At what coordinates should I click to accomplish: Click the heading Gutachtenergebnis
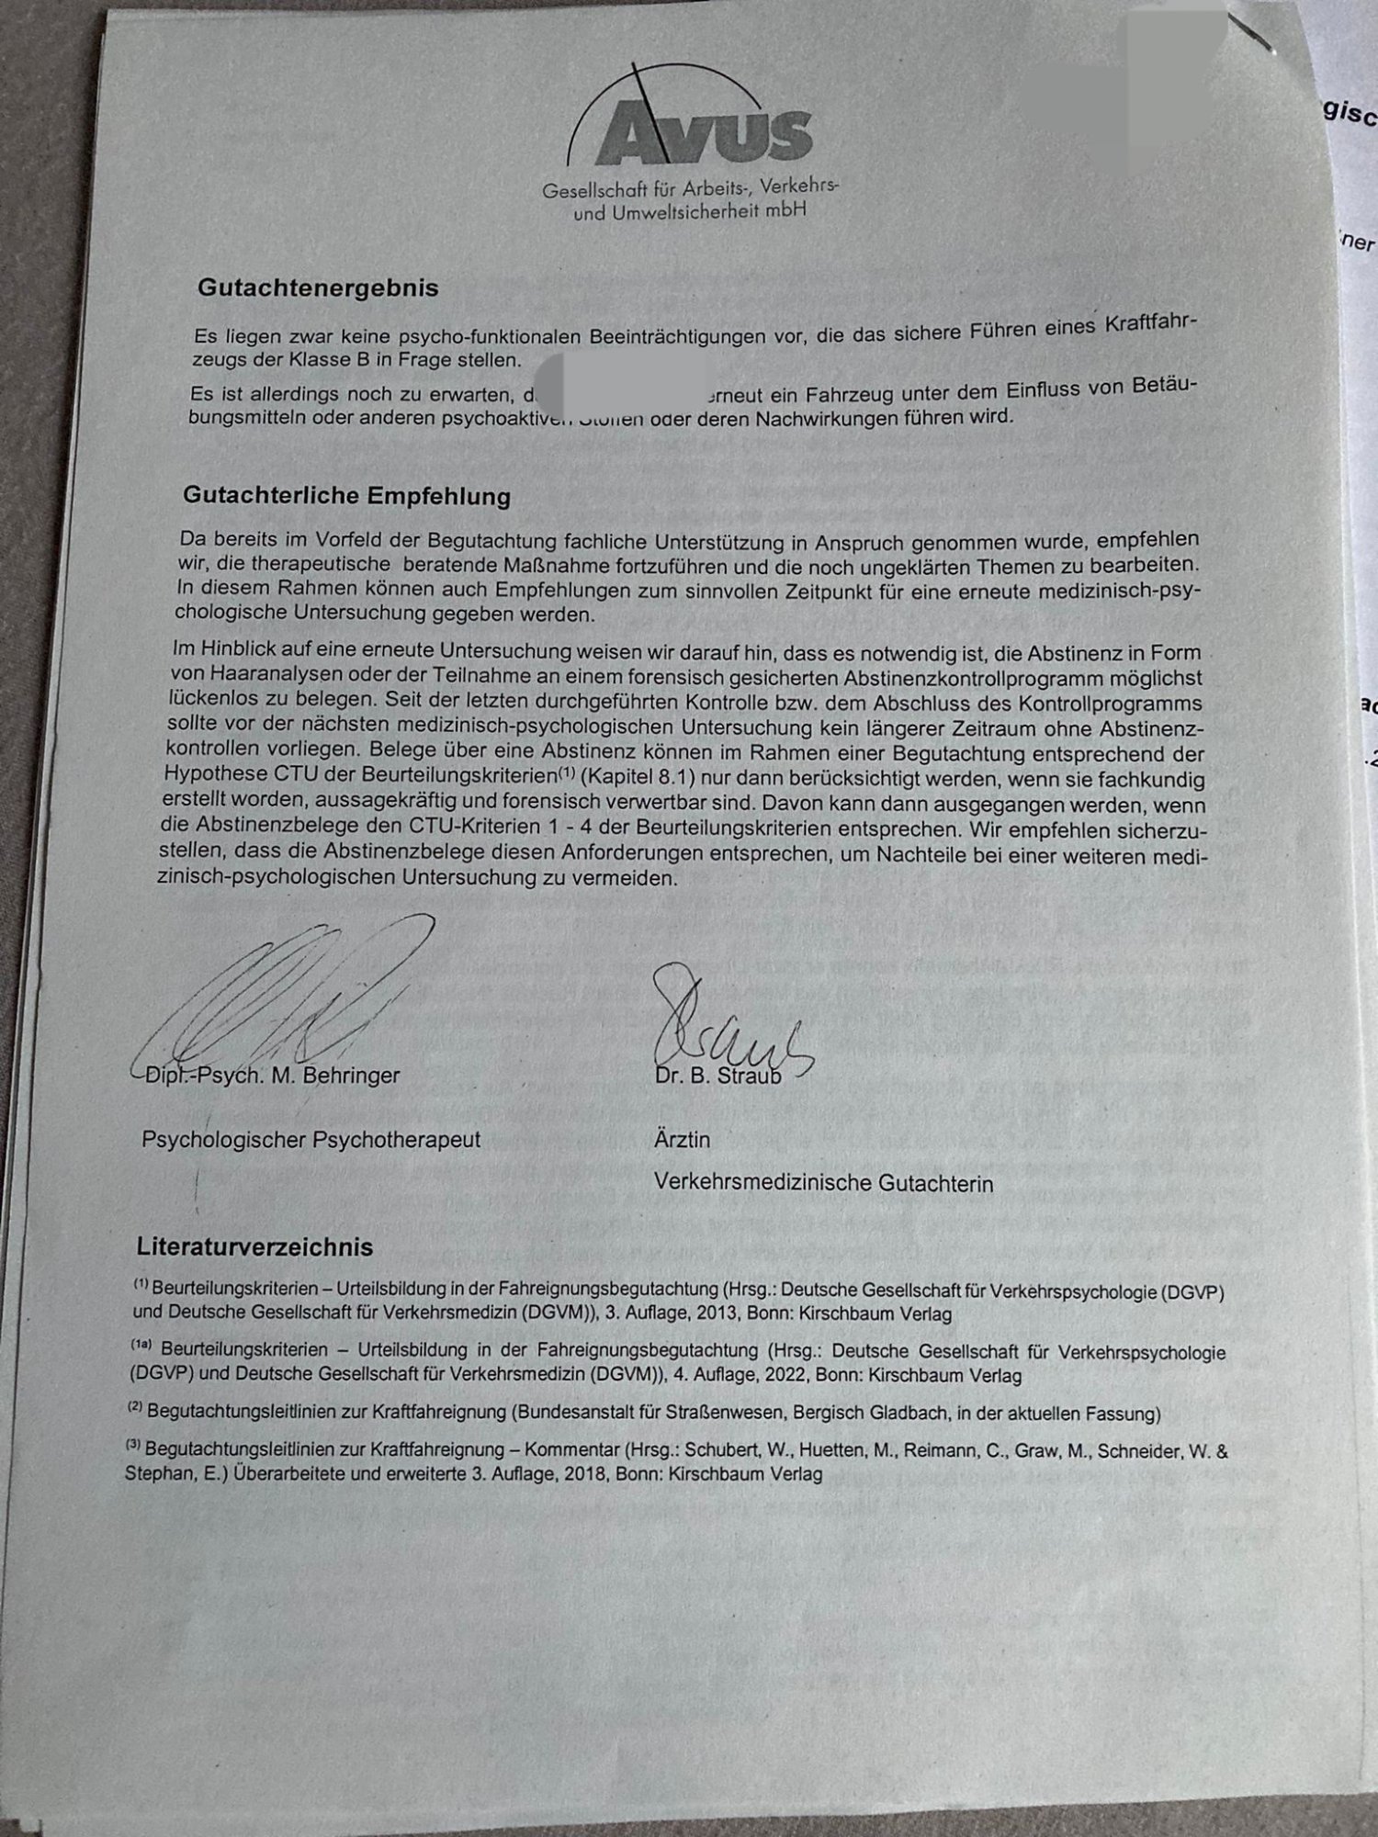click(x=318, y=287)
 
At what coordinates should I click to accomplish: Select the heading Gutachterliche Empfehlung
click(x=346, y=496)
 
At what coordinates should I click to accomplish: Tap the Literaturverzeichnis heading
click(x=254, y=1247)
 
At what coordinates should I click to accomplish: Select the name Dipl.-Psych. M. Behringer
click(x=272, y=1075)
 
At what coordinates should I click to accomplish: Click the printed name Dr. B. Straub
click(x=717, y=1076)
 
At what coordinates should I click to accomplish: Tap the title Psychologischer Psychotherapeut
click(x=311, y=1140)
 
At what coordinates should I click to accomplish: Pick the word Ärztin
click(x=682, y=1140)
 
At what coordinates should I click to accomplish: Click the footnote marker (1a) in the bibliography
click(x=141, y=1347)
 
